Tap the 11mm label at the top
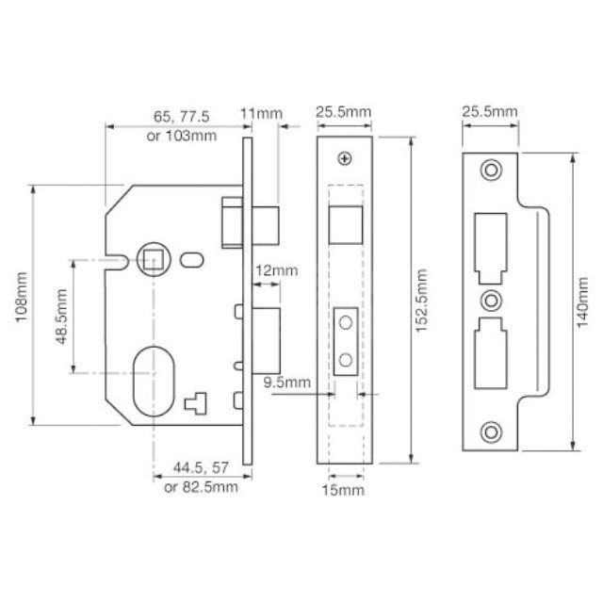click(261, 115)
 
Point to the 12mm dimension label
click(276, 270)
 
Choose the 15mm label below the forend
click(344, 491)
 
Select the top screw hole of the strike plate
click(489, 170)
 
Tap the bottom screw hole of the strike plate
click(489, 432)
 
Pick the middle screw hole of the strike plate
click(489, 301)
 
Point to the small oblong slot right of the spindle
click(193, 258)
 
